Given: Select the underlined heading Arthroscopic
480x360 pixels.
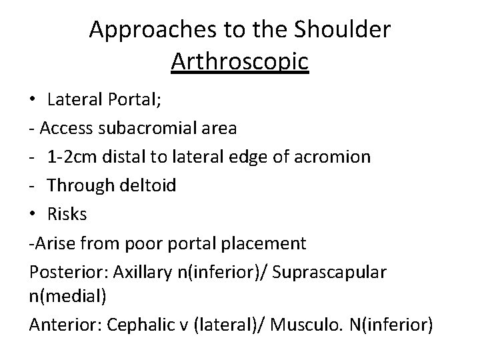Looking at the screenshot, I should click(239, 61).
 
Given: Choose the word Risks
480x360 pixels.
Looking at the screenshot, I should click(67, 215).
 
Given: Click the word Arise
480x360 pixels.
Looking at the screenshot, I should click(53, 243).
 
